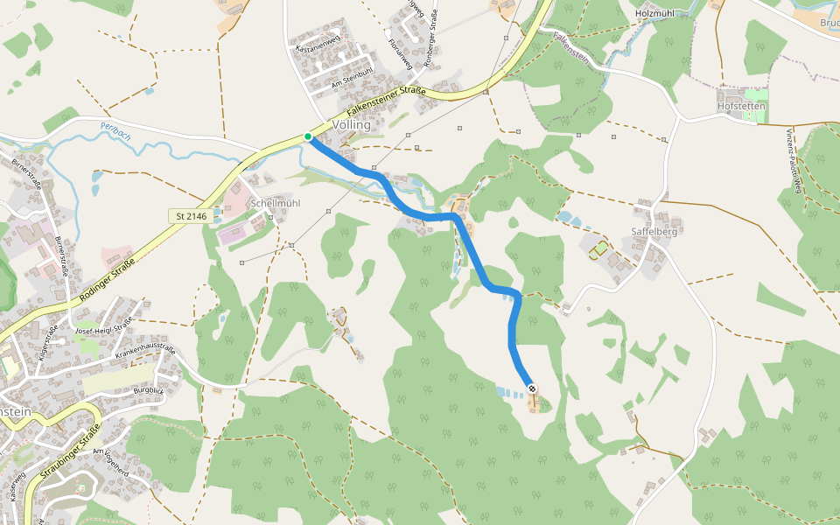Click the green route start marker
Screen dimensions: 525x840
[x=308, y=136]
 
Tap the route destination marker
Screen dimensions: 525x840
[x=532, y=388]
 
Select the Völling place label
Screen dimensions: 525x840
[x=352, y=125]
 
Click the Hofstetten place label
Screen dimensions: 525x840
[x=741, y=106]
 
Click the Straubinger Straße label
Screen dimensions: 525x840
[x=69, y=452]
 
